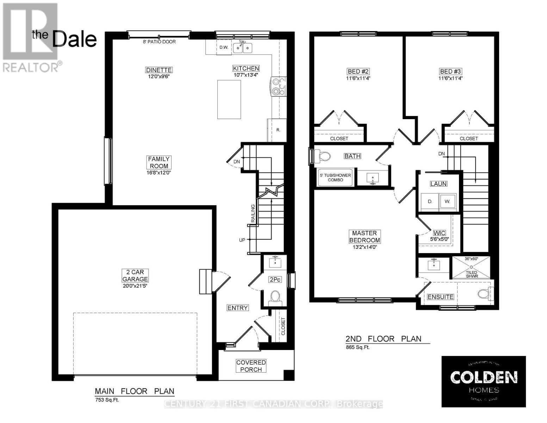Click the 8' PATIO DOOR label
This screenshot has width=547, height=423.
click(159, 42)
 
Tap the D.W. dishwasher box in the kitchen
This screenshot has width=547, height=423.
click(223, 48)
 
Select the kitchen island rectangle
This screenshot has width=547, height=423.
click(229, 99)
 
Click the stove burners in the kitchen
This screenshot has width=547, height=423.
click(279, 87)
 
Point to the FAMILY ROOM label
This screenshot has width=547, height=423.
click(158, 163)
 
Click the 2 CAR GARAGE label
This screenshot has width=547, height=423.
click(135, 275)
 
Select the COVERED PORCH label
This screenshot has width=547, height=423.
click(251, 366)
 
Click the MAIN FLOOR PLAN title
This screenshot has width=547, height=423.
click(135, 391)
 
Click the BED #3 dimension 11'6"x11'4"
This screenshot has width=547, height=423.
click(450, 78)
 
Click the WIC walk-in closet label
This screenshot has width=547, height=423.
click(439, 233)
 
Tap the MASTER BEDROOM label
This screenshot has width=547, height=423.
click(365, 237)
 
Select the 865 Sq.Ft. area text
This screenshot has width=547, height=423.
click(358, 348)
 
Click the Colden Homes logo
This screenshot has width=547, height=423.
click(484, 381)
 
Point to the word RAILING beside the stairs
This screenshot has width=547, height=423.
click(253, 213)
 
